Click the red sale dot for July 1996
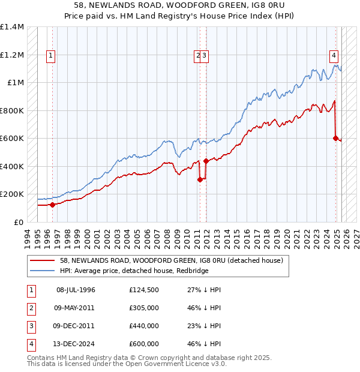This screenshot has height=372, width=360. coord(52,205)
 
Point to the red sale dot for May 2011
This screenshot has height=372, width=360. coord(199,179)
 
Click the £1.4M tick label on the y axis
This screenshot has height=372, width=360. coord(12,27)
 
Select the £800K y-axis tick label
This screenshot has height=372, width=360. coord(12,110)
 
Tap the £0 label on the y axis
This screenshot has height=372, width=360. coord(18,222)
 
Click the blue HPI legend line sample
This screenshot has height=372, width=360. coord(43,270)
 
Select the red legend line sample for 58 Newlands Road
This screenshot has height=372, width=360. coord(43,260)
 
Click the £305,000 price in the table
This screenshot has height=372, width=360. coord(143,308)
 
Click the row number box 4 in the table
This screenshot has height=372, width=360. coord(31,344)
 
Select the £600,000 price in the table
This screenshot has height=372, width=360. coord(143,344)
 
